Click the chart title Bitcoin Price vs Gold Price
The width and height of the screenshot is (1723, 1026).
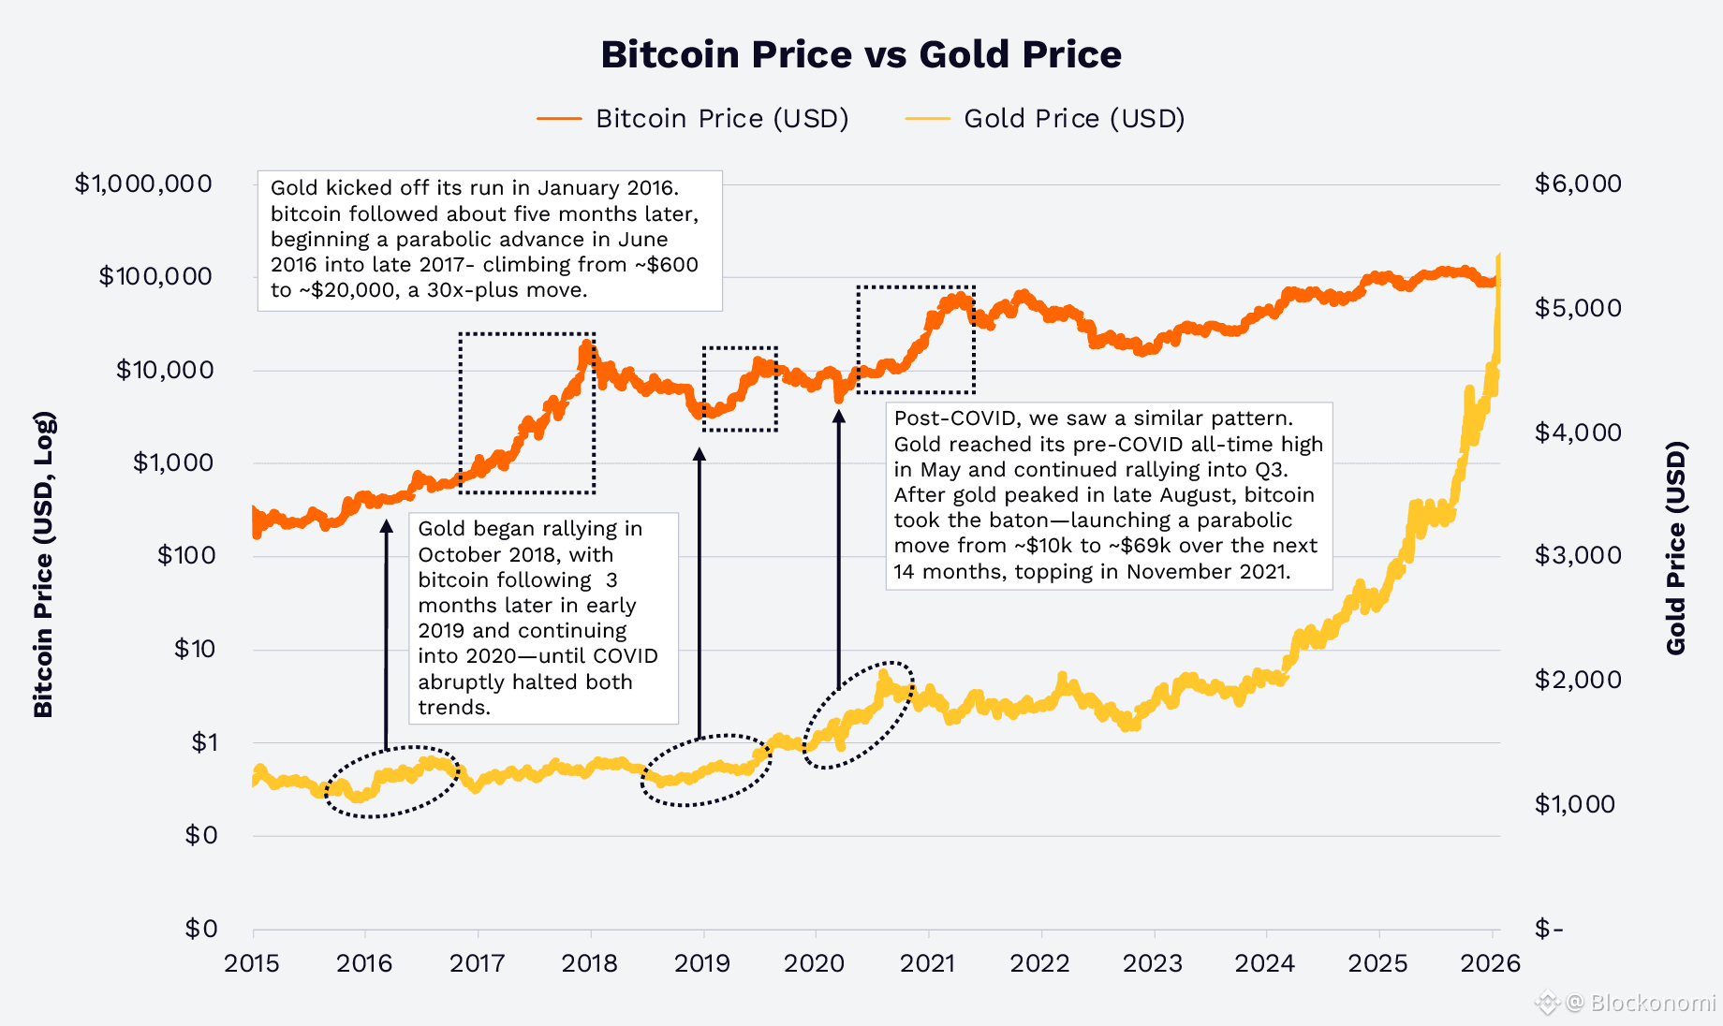(861, 54)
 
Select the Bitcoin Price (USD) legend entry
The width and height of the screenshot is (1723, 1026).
(721, 119)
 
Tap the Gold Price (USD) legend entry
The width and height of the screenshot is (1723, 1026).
(1073, 119)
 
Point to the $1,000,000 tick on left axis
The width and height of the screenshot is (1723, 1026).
(143, 183)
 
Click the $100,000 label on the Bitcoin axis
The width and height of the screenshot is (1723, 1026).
(155, 276)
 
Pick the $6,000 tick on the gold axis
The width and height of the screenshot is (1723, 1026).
(1578, 183)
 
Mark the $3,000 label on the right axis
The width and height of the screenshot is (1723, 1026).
(1578, 555)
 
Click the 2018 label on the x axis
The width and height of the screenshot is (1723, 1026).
(590, 963)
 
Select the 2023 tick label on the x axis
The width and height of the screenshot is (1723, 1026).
(1153, 963)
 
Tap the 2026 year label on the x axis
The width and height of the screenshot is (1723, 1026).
(1491, 963)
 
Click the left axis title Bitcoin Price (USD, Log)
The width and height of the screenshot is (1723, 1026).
(43, 564)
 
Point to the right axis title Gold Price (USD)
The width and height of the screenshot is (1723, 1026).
(1676, 548)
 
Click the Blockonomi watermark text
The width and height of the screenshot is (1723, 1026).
(1652, 1003)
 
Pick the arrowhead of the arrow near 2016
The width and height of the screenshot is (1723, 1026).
(386, 525)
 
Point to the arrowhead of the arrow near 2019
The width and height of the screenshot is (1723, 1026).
(699, 455)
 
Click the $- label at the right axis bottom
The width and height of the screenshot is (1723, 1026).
(1549, 929)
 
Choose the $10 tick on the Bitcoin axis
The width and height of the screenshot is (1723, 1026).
(195, 649)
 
